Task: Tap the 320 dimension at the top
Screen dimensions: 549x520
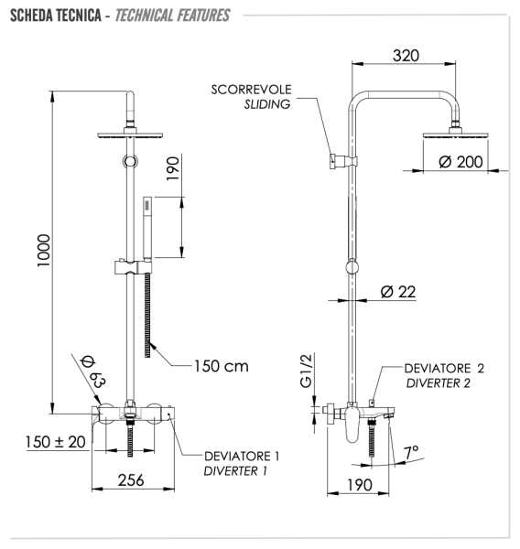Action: pos(406,56)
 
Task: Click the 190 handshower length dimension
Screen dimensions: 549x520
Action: pos(175,171)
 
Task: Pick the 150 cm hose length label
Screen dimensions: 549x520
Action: pos(221,366)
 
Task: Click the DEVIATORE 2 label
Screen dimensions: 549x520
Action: pos(444,367)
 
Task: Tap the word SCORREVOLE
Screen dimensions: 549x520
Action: pos(251,90)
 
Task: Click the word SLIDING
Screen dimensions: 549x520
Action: pos(266,104)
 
